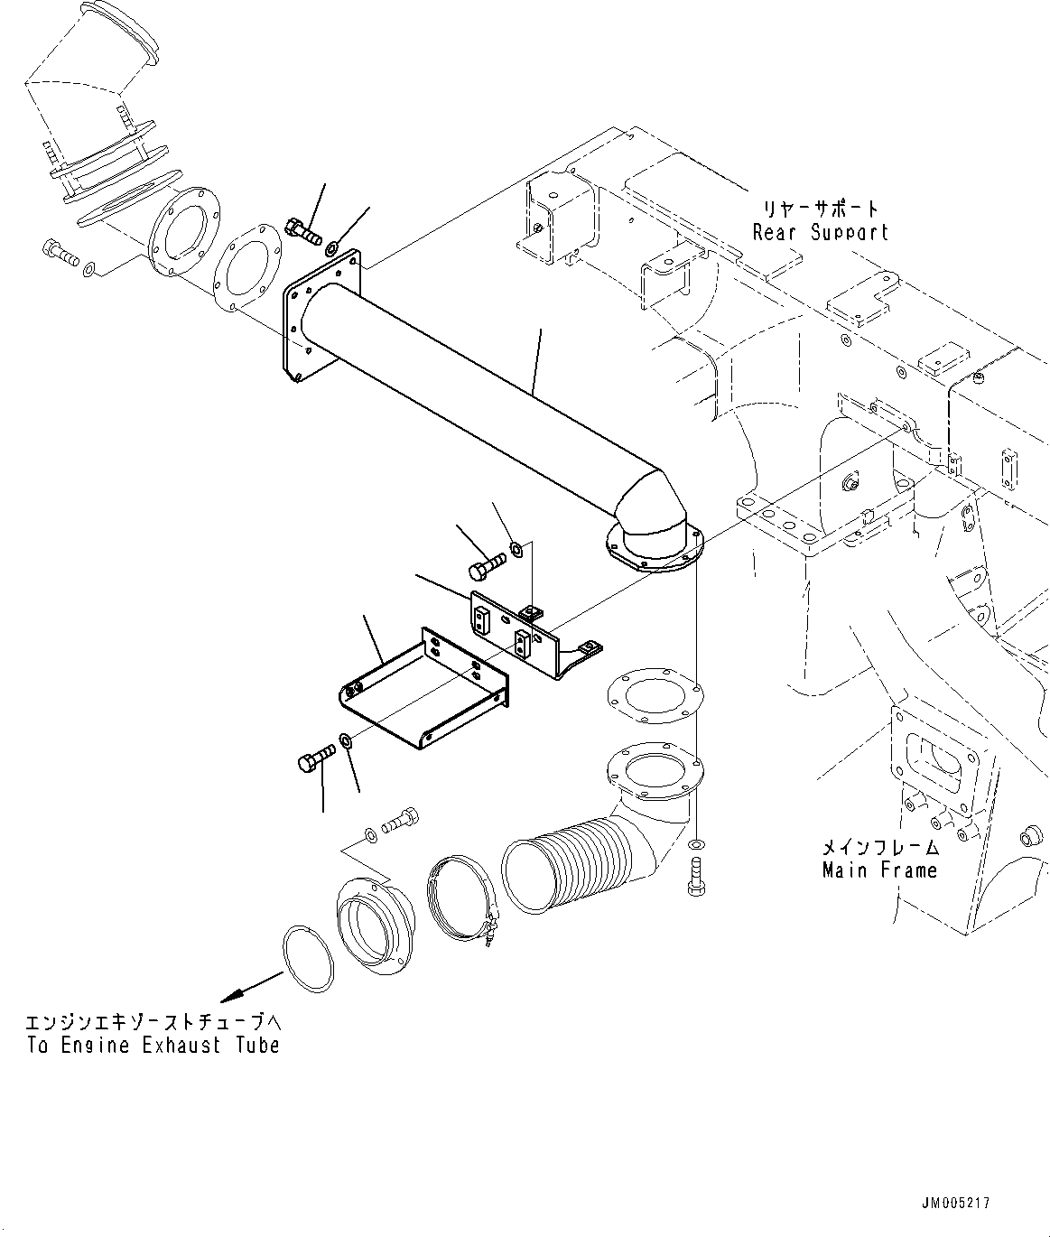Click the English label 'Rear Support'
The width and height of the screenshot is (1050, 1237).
820,232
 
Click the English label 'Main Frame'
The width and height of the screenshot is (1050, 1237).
879,870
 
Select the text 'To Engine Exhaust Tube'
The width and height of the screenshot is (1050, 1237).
153,1045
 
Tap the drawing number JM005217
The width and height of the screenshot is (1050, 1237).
956,1203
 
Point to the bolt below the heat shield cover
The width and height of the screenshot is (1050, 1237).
313,760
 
